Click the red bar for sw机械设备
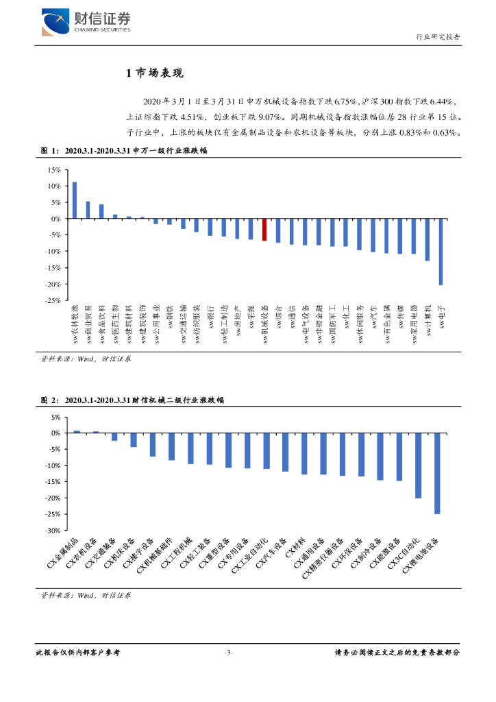[265, 230]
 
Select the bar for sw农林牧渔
[75, 200]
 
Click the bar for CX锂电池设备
[437, 474]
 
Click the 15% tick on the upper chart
[53, 169]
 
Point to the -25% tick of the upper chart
[51, 300]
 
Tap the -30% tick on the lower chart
[51, 531]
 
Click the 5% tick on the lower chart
[55, 417]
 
